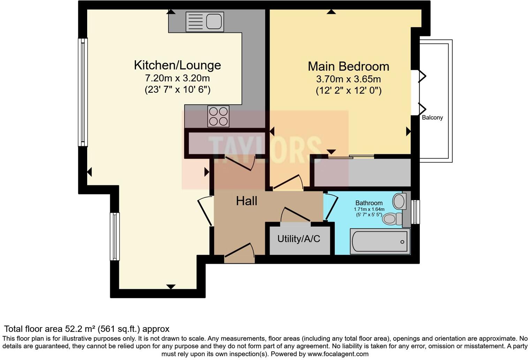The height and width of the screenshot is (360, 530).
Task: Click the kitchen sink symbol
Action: click(205, 22)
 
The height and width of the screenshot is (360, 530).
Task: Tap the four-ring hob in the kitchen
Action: click(218, 116)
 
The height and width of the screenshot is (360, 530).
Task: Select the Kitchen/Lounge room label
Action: click(177, 65)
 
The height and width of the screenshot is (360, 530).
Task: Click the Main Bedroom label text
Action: click(348, 66)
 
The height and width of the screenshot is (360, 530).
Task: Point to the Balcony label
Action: click(432, 118)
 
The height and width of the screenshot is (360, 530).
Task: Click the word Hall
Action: click(247, 201)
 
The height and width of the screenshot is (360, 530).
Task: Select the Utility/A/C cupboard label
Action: click(298, 239)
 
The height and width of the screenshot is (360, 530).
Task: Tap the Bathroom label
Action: click(369, 203)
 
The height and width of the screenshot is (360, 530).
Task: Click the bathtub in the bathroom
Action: click(380, 241)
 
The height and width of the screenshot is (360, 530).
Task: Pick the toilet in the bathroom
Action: click(391, 219)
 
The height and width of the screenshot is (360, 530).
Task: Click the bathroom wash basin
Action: click(399, 201)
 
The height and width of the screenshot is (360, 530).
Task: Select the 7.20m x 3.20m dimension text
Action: click(177, 78)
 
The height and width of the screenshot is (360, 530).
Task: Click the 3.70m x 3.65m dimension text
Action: click(348, 79)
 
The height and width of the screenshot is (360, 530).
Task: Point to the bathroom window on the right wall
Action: click(415, 212)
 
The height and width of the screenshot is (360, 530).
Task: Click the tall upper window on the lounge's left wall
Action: click(83, 92)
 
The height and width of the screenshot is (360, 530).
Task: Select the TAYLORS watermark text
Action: click(265, 149)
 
